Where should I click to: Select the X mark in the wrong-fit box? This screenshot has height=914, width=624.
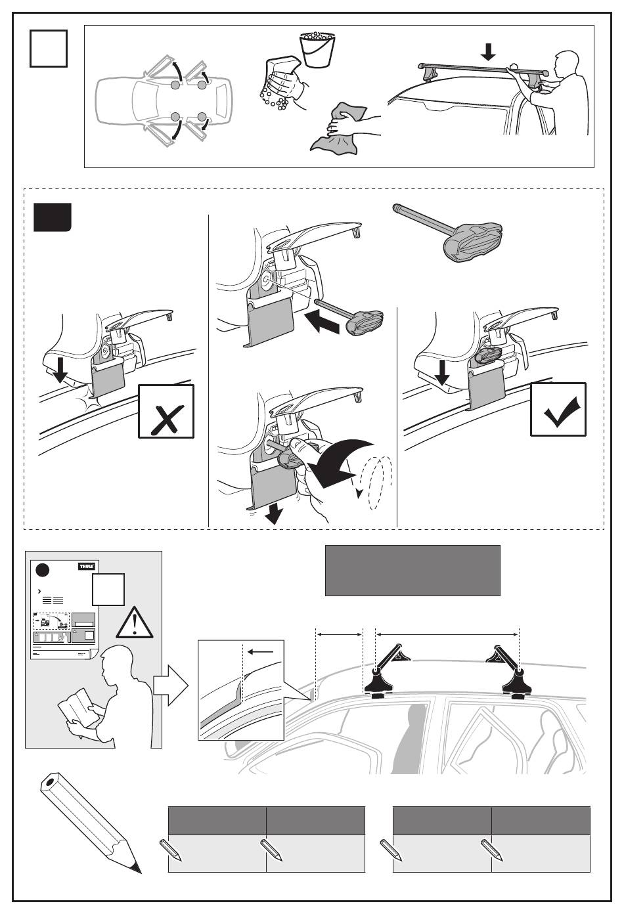click(166, 419)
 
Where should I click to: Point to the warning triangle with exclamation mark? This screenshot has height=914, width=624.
click(134, 622)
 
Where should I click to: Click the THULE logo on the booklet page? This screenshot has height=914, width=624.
click(87, 567)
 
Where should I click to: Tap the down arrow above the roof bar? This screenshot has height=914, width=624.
click(488, 52)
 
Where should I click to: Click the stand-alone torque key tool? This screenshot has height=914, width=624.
click(447, 232)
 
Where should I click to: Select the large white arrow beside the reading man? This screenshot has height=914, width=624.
click(171, 685)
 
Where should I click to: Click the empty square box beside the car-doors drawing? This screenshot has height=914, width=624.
click(49, 48)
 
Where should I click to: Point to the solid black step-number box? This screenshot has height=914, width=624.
click(53, 217)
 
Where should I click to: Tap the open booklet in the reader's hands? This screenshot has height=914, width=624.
click(79, 708)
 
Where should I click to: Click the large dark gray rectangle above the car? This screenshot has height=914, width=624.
click(412, 571)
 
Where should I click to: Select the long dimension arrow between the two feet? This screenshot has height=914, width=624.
click(447, 634)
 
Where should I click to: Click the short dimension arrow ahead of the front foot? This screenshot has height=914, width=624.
click(340, 634)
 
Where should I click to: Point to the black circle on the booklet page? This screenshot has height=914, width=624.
click(43, 570)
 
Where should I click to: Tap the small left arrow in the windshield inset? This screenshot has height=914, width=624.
click(260, 651)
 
